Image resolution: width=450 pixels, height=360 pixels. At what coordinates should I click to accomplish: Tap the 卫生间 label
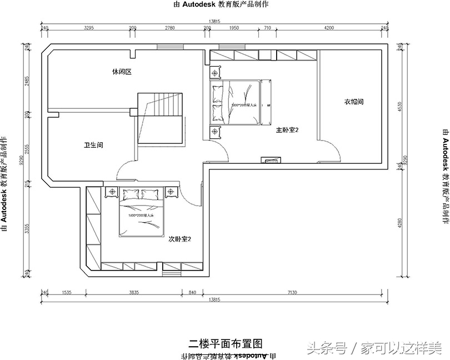click(93, 145)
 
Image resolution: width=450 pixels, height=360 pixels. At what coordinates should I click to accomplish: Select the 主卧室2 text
click(288, 130)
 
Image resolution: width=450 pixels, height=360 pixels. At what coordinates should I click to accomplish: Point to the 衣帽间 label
click(353, 102)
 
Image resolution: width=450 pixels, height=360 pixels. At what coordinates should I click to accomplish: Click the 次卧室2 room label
click(179, 239)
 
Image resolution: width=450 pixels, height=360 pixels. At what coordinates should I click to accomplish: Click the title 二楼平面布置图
click(225, 342)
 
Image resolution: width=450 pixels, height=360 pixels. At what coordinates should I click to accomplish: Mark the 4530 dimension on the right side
click(398, 106)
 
